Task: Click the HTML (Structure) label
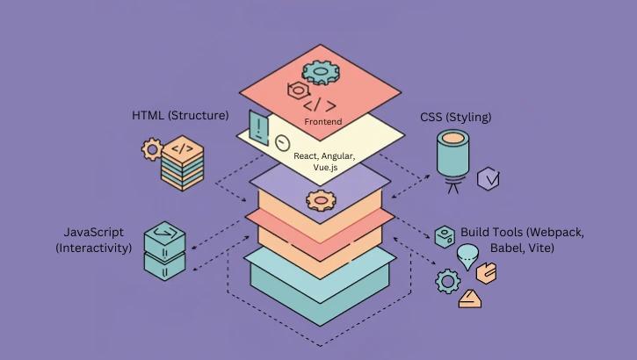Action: (x=180, y=115)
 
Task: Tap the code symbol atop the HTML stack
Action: (x=183, y=148)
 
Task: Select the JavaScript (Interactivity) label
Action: (x=93, y=240)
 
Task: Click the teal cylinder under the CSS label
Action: (x=454, y=155)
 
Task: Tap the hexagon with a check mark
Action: (x=489, y=180)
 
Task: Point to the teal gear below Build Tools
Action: (x=448, y=281)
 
